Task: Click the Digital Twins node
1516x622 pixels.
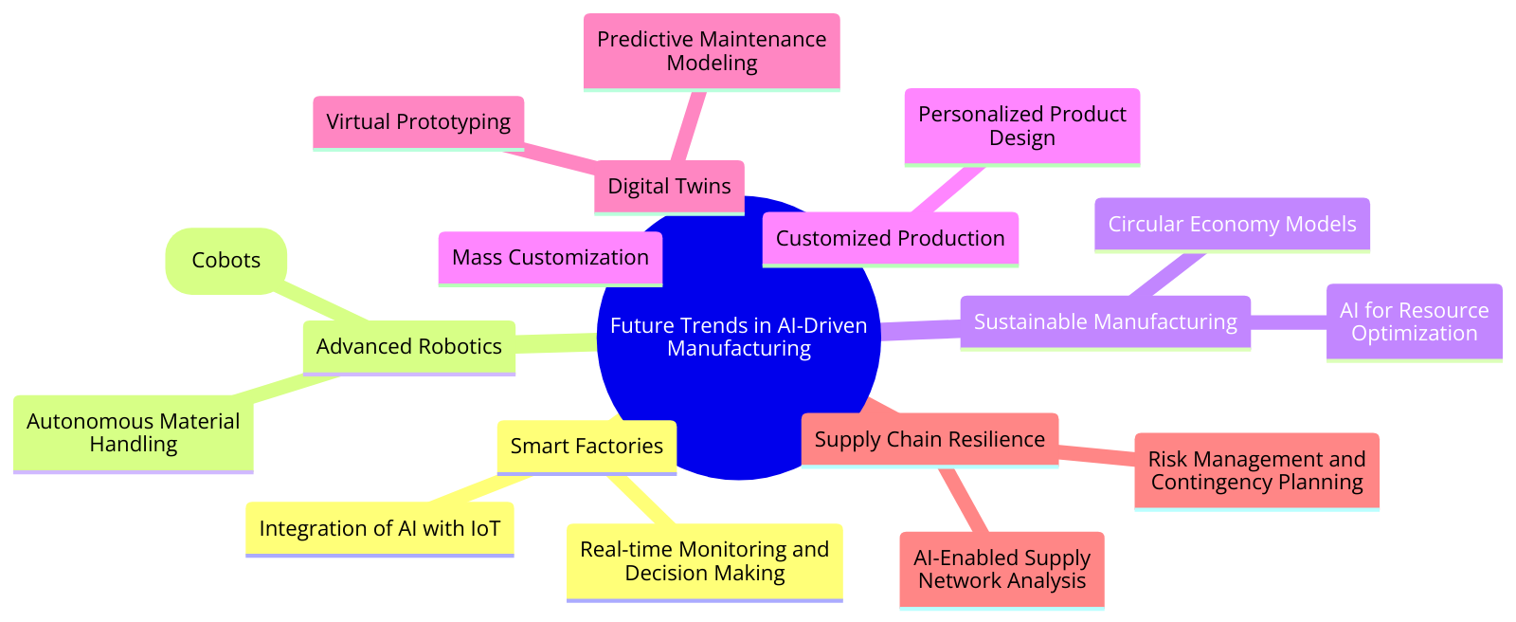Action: point(669,186)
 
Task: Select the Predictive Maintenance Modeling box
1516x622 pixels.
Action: point(712,51)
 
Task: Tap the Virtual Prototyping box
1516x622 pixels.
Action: point(418,122)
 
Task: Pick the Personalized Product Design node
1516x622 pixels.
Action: point(1021,126)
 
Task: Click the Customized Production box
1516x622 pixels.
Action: point(890,238)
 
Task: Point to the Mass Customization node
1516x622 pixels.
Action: point(550,258)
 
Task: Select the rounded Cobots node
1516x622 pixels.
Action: point(226,261)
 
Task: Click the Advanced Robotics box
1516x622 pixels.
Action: point(408,347)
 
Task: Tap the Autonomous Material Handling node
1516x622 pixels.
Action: point(133,433)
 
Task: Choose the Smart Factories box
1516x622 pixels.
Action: point(587,447)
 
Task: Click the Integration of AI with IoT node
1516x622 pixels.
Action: point(379,529)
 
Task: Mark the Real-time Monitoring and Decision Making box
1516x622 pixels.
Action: point(704,561)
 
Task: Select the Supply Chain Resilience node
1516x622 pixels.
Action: point(929,440)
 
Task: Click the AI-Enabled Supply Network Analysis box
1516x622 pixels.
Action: point(1002,570)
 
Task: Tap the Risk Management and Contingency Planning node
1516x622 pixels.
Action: point(1256,471)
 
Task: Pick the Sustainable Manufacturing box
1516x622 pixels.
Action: point(1105,322)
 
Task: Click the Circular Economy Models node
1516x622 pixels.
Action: point(1232,225)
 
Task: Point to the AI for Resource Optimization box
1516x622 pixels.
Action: point(1414,322)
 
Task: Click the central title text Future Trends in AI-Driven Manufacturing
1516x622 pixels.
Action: point(738,337)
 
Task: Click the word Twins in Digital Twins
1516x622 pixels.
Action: point(701,186)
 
